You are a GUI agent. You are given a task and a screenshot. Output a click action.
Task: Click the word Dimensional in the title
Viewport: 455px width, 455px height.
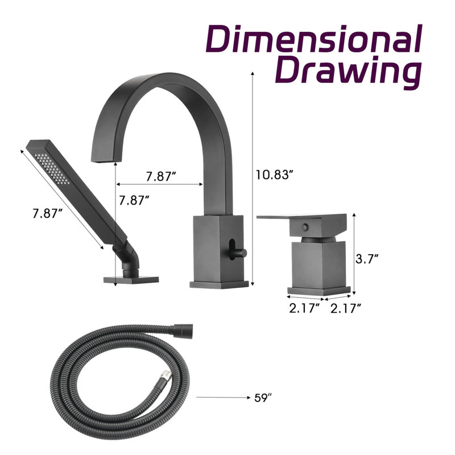click(314, 39)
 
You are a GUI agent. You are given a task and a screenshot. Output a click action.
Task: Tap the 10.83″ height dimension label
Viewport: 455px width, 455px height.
click(273, 175)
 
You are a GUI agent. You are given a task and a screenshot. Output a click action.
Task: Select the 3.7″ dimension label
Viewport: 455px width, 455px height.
click(367, 259)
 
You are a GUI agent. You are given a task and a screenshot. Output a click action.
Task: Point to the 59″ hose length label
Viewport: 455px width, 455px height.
click(263, 398)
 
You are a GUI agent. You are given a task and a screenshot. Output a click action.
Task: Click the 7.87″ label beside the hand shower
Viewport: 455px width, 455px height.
click(48, 213)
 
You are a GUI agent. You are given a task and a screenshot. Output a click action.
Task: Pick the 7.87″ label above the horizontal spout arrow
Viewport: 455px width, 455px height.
click(161, 176)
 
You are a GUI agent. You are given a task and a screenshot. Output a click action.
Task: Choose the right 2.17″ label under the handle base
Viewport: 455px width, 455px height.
click(346, 308)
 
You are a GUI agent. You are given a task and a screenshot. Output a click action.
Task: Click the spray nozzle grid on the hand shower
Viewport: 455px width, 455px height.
click(51, 168)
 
